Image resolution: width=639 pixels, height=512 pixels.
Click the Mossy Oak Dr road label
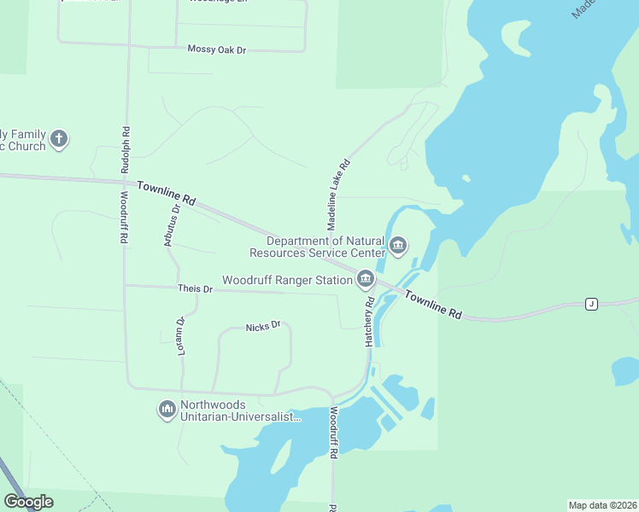216,50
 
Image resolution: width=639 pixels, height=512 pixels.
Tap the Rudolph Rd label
126,149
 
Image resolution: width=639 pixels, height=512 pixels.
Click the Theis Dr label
195,289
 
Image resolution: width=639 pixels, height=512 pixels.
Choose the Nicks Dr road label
263,327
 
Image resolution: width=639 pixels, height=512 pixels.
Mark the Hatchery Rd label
370,322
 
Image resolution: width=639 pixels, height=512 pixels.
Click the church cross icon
58,138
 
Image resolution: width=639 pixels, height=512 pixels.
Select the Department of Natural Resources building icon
398,247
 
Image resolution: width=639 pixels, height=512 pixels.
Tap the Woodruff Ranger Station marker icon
366,279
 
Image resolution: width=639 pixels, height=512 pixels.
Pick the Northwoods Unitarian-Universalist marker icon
167,410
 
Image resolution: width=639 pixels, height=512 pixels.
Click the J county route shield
590,304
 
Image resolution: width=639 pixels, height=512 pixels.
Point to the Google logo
28,502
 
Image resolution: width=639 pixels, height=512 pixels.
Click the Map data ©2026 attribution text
603,504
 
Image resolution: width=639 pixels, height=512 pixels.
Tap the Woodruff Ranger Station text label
287,280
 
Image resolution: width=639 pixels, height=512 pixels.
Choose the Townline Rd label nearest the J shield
433,305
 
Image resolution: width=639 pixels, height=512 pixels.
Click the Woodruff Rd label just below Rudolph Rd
124,218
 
